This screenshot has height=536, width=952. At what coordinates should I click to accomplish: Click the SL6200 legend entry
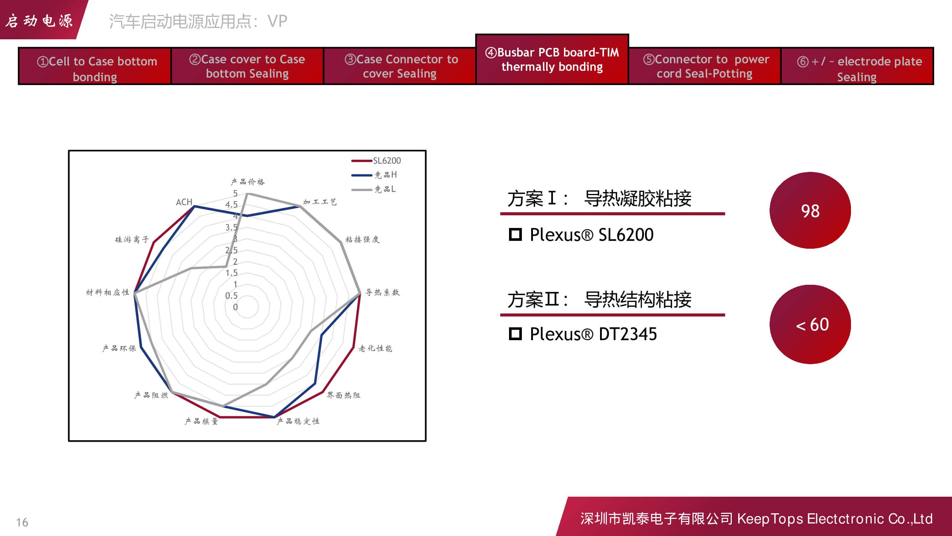click(x=376, y=160)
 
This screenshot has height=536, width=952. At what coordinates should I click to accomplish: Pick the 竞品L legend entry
click(x=373, y=189)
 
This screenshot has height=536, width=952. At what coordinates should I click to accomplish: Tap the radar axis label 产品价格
click(x=248, y=182)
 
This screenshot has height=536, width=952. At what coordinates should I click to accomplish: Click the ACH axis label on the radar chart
click(x=184, y=202)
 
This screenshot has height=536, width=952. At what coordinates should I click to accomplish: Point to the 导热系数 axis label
click(x=383, y=292)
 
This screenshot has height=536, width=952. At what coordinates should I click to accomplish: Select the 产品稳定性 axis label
click(x=298, y=421)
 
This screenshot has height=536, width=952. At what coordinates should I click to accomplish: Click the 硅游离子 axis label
click(x=132, y=239)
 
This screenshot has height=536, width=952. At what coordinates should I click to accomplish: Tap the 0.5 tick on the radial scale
click(x=231, y=296)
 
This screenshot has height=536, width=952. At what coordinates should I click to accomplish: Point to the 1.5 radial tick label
click(x=231, y=273)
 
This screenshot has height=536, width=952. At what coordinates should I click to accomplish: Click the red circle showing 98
click(x=810, y=210)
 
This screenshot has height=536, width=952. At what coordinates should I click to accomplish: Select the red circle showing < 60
click(x=810, y=324)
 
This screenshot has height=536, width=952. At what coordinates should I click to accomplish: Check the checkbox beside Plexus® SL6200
click(x=515, y=234)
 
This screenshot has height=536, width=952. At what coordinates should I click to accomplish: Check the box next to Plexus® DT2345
click(x=515, y=334)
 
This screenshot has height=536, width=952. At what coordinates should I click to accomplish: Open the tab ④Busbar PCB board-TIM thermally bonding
click(x=552, y=59)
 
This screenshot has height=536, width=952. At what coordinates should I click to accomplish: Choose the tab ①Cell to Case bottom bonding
click(x=95, y=66)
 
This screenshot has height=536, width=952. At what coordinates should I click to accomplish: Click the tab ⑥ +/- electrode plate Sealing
click(x=857, y=66)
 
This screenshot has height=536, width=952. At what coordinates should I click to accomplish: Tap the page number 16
click(x=22, y=522)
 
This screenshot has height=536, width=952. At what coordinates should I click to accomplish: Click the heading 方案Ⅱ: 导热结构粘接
click(x=599, y=299)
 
